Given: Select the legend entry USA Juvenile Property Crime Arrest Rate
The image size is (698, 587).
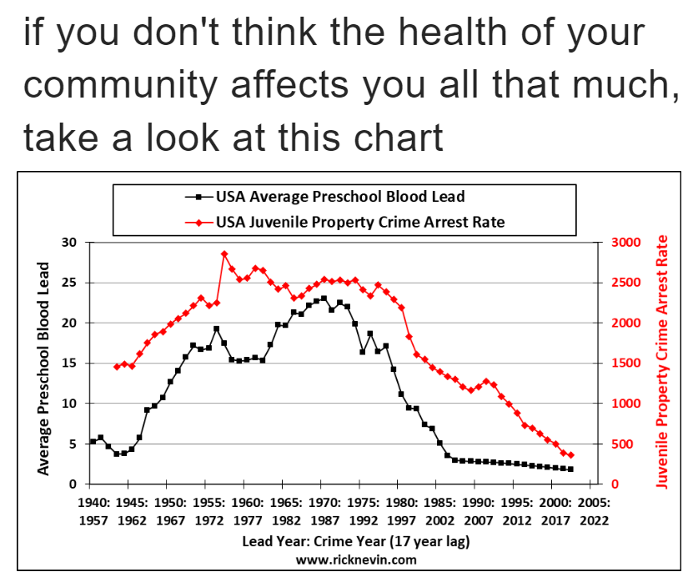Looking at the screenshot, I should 359,223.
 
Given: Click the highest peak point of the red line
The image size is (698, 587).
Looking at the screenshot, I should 224,253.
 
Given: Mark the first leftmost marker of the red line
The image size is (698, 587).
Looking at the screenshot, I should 117,367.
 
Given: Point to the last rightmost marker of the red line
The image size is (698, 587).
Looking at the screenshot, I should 571,455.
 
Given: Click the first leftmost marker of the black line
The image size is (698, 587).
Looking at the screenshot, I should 93,442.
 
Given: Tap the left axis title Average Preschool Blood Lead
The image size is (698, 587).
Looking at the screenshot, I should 43,368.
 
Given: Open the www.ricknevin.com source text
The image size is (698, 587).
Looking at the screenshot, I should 356,559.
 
